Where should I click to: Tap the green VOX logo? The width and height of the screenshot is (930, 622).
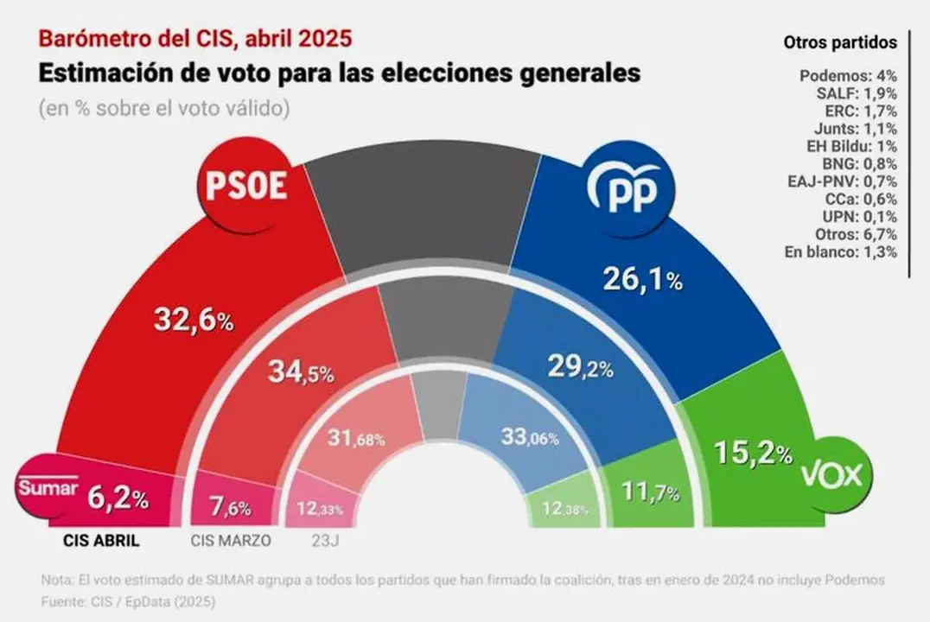click(831, 474)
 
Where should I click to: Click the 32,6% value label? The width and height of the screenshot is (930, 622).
click(194, 321)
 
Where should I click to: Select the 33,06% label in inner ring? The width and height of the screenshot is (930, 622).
click(529, 437)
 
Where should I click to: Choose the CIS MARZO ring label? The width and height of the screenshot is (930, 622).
click(229, 541)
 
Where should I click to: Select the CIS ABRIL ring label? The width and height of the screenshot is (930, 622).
click(102, 541)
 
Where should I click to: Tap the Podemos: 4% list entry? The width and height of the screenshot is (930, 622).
click(848, 75)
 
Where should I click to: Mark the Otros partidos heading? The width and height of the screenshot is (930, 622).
click(839, 42)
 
